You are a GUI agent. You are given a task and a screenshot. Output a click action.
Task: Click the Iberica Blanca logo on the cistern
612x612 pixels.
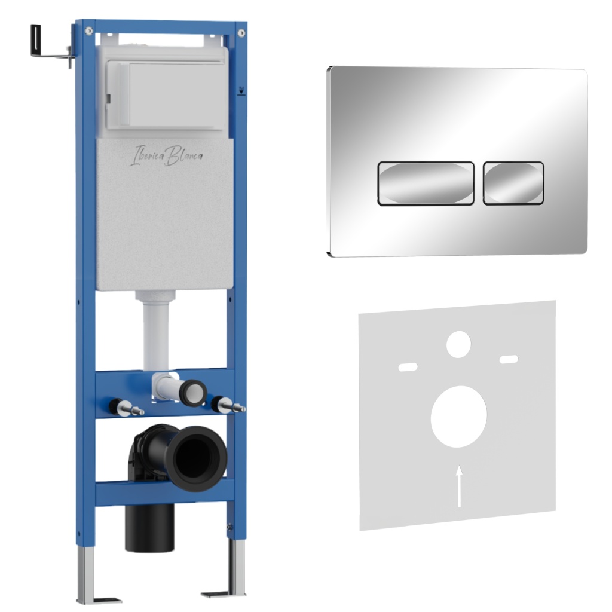coord(167,156)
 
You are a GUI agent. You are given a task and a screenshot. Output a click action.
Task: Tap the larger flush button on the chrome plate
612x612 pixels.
coord(426,183)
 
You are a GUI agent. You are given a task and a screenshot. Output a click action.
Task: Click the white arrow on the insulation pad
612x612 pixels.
coord(460,486)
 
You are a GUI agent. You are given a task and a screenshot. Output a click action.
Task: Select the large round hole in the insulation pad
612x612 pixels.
coord(458,417)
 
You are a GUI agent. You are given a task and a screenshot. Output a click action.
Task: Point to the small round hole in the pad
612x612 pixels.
coord(458,344)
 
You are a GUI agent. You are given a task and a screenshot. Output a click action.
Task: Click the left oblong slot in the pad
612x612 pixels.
coord(408,367)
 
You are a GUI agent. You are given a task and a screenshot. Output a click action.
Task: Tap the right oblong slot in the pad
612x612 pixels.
coord(509,359)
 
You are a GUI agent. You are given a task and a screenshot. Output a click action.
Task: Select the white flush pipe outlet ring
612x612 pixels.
coord(193,393)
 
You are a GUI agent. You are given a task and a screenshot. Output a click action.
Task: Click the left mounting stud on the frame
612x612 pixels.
coord(126,408)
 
